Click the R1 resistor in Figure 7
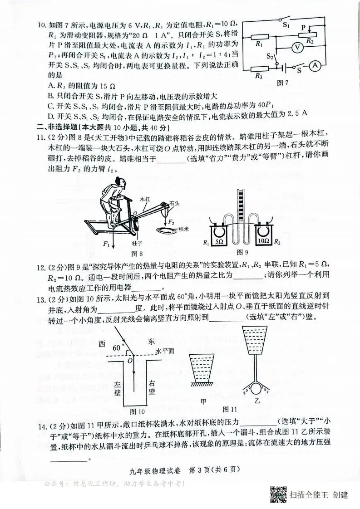[259, 37]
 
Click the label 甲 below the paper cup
[203, 401]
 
